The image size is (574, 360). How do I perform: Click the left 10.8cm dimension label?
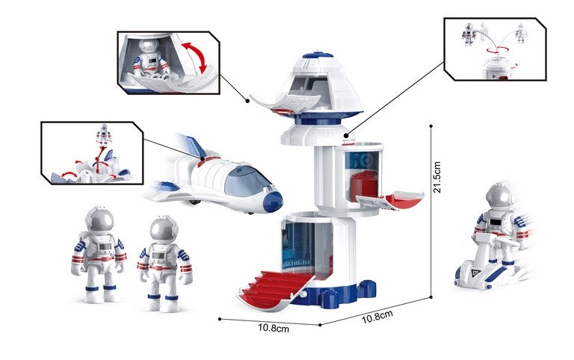click(274, 327)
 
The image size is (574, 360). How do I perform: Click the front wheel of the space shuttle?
click(197, 200)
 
